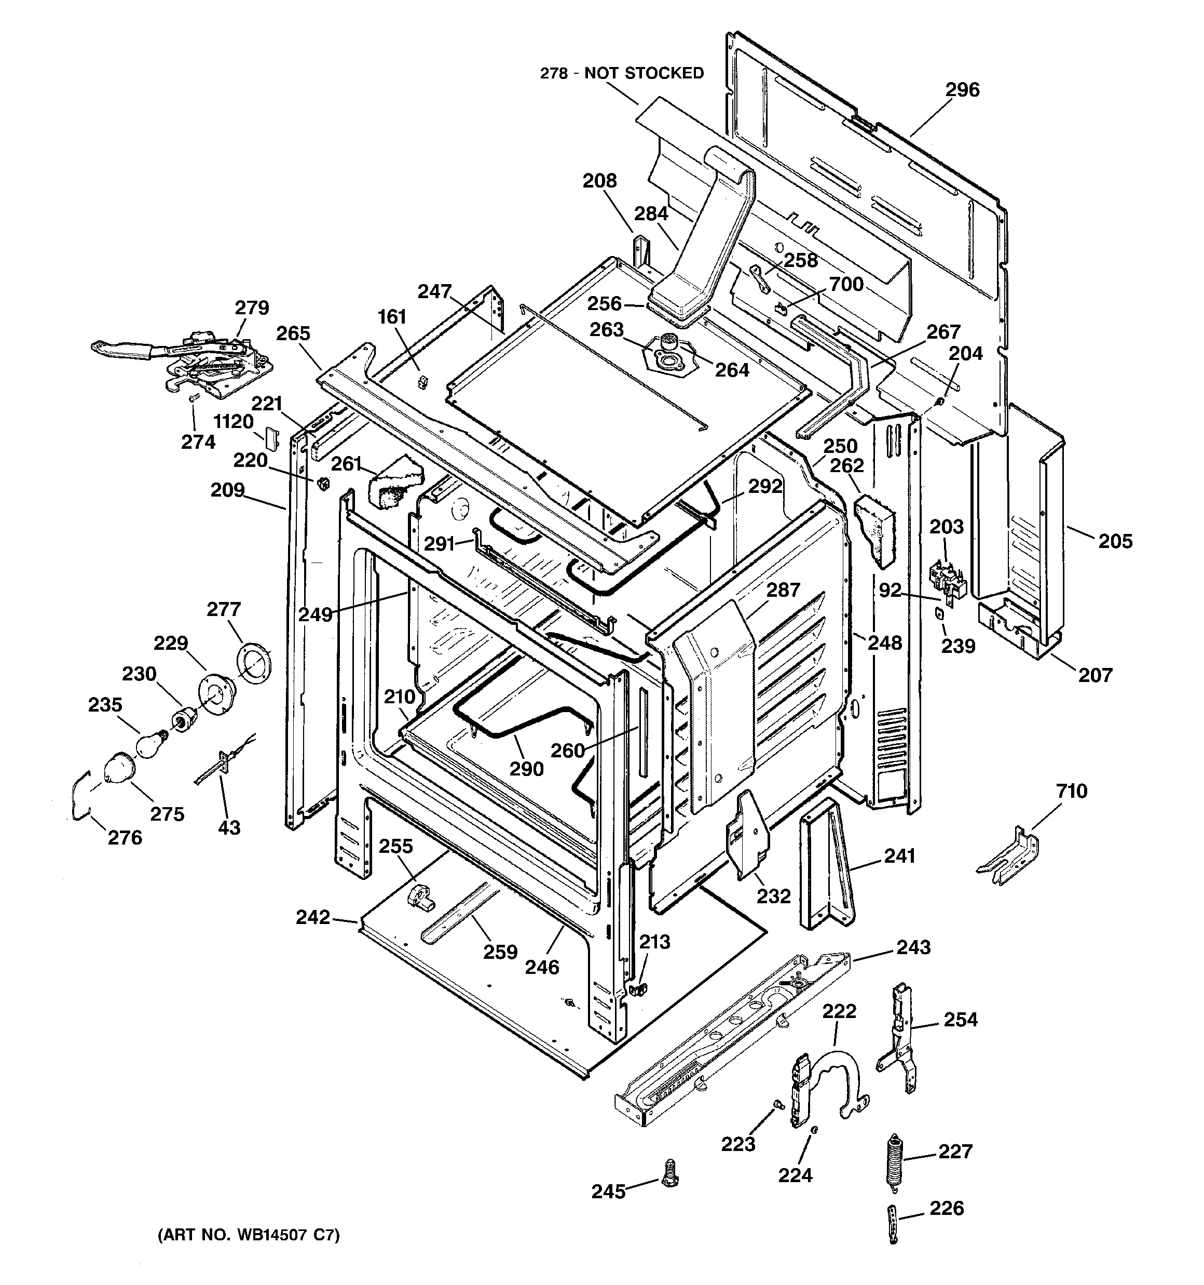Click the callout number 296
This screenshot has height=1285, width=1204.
click(963, 90)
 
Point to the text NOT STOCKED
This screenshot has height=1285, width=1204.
click(644, 74)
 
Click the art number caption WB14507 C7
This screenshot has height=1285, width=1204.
click(249, 1235)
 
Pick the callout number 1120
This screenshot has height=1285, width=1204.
click(233, 421)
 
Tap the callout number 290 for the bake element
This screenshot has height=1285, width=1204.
click(526, 769)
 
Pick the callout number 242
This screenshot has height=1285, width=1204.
click(312, 917)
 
